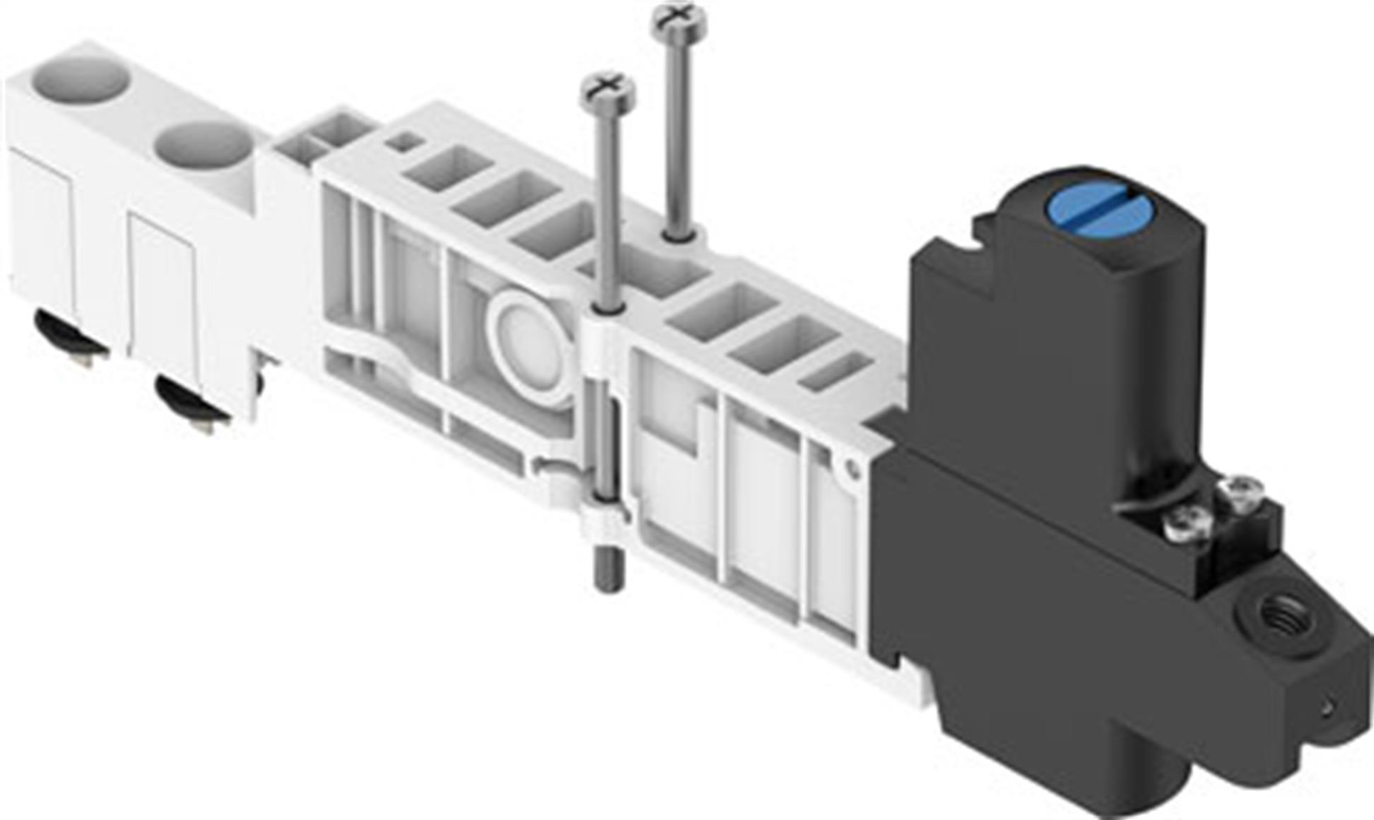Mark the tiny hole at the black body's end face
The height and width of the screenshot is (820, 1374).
coord(1327,706)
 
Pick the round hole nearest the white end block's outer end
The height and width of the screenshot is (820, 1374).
coord(79,78)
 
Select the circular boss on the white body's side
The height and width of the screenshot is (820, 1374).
coord(530,346)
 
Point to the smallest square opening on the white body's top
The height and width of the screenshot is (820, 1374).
coord(404,141)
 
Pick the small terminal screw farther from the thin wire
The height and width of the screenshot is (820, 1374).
coord(1240,489)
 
